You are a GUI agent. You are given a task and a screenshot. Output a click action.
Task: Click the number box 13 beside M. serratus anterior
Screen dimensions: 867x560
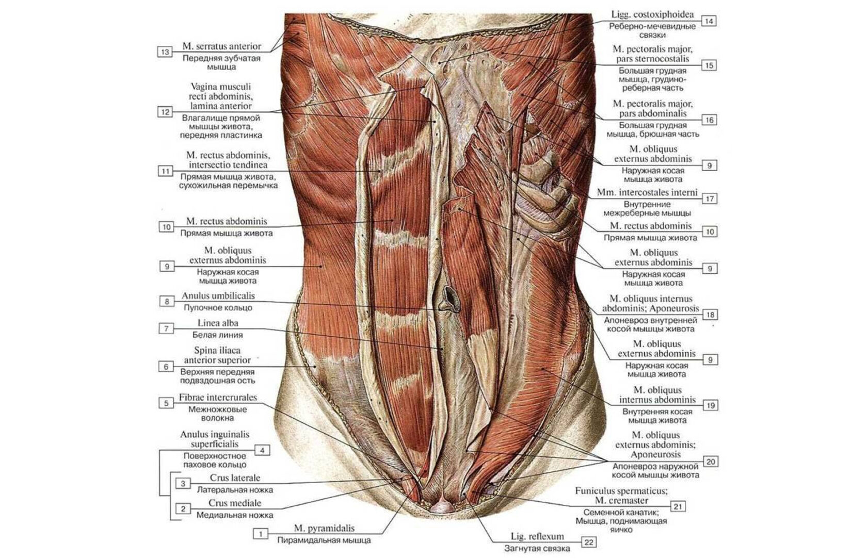tap(165, 52)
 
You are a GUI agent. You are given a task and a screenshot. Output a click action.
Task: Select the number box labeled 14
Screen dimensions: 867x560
tap(709, 21)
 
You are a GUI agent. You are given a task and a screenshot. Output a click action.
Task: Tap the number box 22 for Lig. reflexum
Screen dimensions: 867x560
tap(589, 542)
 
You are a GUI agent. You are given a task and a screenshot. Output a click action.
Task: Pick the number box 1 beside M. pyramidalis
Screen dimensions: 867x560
tap(261, 534)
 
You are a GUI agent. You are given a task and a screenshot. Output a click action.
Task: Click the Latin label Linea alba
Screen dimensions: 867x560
tap(218, 323)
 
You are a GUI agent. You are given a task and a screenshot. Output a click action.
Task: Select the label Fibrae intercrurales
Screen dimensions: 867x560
tap(218, 398)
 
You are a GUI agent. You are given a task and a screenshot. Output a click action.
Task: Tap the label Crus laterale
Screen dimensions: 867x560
tap(235, 478)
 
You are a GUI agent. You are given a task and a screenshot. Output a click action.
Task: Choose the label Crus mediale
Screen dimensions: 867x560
tap(235, 503)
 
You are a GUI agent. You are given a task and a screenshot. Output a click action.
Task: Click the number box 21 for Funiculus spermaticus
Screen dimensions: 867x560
tap(678, 506)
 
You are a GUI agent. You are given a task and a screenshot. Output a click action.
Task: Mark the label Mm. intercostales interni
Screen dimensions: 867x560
tap(647, 192)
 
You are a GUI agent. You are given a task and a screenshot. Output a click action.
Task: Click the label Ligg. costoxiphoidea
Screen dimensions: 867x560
tap(652, 14)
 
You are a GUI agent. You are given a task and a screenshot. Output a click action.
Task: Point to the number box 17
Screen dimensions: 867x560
tap(710, 199)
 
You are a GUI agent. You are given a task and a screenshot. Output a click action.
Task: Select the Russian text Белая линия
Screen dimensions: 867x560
tap(218, 335)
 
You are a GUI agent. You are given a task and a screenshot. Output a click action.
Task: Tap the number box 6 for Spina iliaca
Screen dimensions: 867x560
tap(166, 367)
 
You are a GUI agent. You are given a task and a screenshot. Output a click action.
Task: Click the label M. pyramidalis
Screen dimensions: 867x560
tap(324, 528)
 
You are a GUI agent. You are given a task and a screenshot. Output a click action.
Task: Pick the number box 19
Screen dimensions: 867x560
tap(710, 405)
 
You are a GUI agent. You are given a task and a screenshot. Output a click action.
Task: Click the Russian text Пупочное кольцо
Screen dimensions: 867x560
tap(218, 307)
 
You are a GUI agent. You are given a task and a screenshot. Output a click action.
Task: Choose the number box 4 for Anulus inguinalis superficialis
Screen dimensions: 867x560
tap(262, 450)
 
